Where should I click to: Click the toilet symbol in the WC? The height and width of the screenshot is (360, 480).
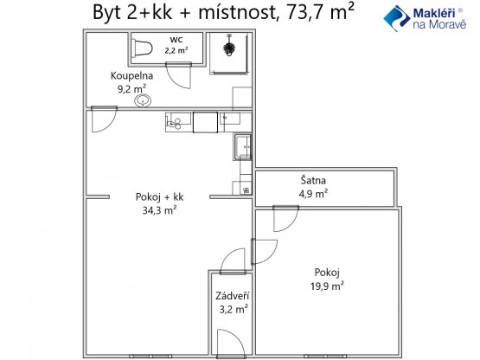pos(142,48)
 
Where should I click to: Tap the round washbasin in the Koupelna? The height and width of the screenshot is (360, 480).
pos(143,100)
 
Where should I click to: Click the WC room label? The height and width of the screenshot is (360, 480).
pos(176,40)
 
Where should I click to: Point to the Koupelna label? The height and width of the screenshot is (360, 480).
pos(132,75)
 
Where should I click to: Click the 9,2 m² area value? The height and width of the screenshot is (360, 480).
pos(132,89)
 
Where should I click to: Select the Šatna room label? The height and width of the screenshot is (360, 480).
pos(313,180)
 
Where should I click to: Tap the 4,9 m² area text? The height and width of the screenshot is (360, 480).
pos(313,194)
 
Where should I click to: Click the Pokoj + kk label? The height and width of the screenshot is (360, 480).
pos(159,196)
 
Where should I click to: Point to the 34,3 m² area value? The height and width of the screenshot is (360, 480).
pos(159,210)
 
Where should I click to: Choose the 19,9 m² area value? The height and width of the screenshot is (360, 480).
pos(327,286)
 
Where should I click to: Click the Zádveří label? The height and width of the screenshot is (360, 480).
pos(233,296)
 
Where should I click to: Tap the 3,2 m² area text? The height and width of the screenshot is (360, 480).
pos(234,309)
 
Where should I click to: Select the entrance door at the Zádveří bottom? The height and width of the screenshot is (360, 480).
pos(231,344)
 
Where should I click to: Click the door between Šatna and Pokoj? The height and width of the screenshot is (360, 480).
pos(285,219)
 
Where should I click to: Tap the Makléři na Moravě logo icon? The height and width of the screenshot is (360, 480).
pos(396,18)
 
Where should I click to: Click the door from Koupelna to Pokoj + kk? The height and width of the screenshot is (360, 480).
pos(104,119)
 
